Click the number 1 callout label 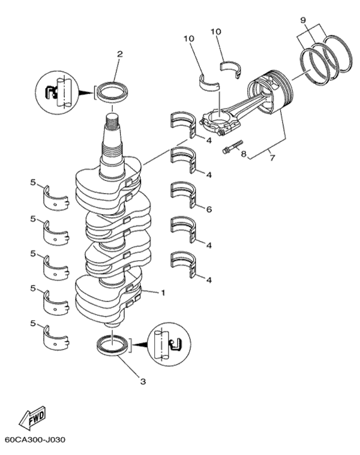click(x=162, y=293)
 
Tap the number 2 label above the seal click(x=119, y=54)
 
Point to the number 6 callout click(x=209, y=209)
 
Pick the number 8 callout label click(x=244, y=155)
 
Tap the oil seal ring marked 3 click(x=113, y=346)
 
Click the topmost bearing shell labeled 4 click(x=184, y=122)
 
